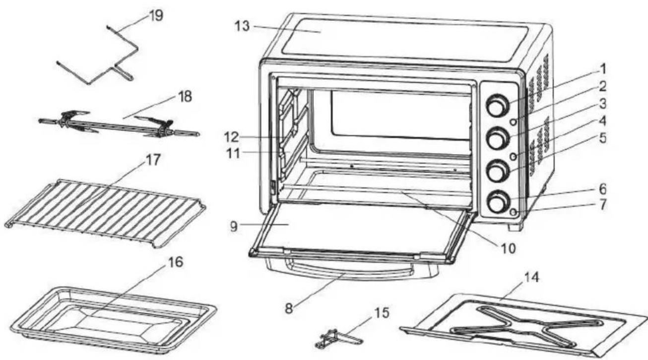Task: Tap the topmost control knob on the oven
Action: click(x=496, y=106)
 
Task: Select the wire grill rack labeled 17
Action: click(x=107, y=213)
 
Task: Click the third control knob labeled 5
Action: click(x=496, y=170)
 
